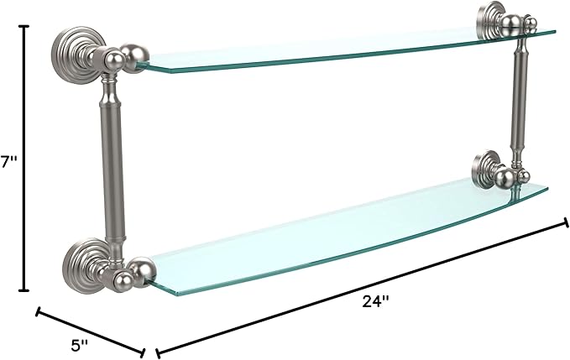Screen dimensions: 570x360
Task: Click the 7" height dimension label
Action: pos(8,163)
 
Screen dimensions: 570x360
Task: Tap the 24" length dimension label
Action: pos(376,301)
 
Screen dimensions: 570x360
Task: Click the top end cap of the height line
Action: pos(24,26)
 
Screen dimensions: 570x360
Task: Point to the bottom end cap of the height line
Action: pos(24,290)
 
